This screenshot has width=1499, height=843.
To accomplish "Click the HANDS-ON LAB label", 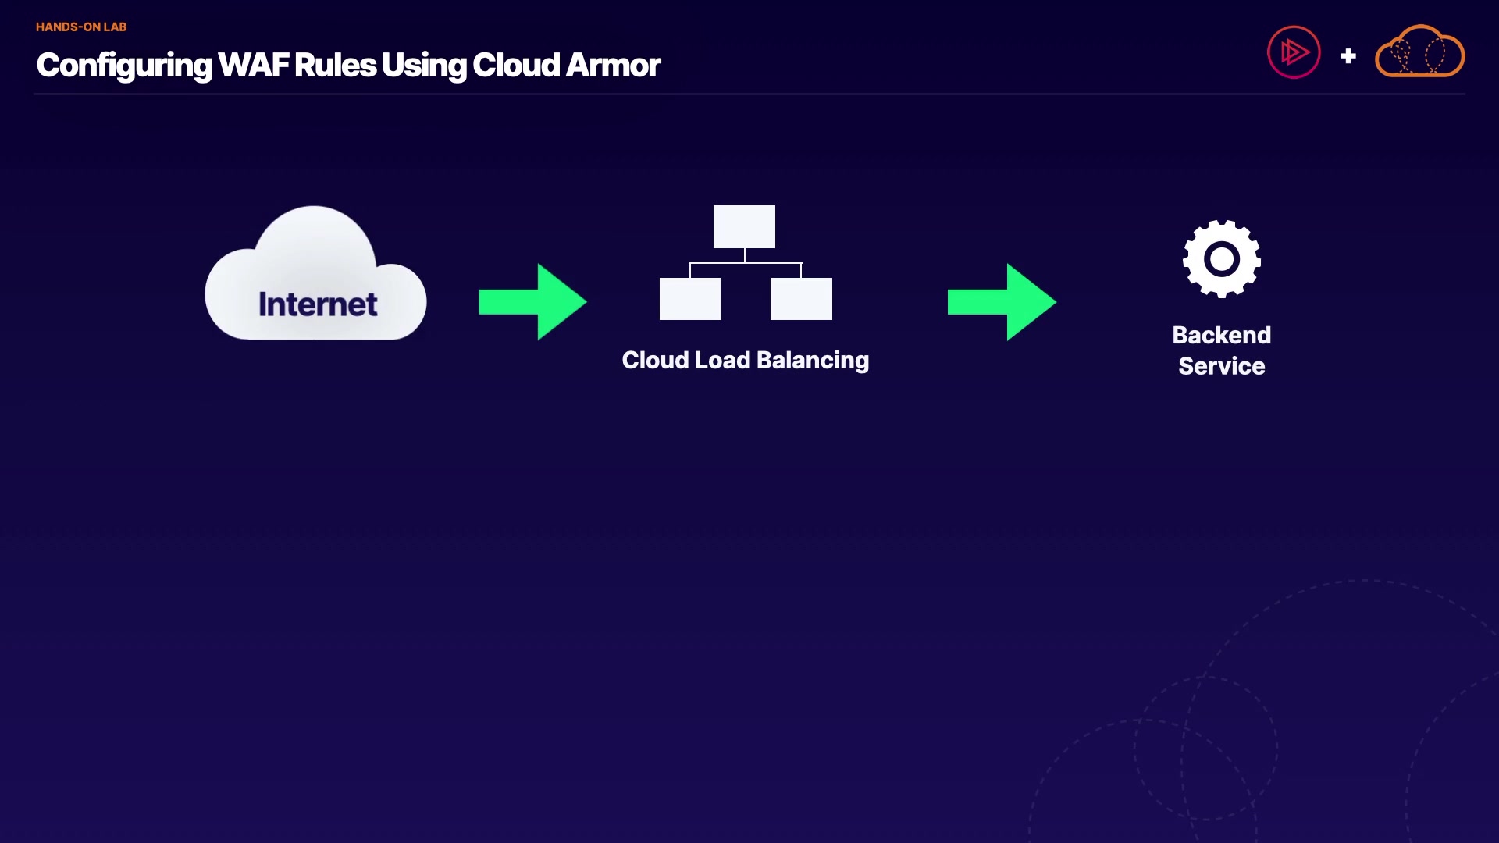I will (x=81, y=27).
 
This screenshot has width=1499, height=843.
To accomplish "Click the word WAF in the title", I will (x=253, y=66).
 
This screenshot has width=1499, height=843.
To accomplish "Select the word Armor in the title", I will (x=613, y=66).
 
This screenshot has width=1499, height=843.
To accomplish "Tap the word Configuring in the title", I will (x=124, y=66).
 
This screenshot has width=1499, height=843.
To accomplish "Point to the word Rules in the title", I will (x=335, y=66).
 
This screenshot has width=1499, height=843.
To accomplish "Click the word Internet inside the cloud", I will (x=318, y=304).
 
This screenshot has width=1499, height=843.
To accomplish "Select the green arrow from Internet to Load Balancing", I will (x=532, y=301).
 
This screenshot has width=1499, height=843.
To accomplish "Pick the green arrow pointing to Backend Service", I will (x=1002, y=301).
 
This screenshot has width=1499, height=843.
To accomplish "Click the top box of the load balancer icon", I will (x=744, y=226).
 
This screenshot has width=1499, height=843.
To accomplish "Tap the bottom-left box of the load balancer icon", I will (x=689, y=299).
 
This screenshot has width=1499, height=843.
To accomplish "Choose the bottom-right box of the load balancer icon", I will (x=801, y=299).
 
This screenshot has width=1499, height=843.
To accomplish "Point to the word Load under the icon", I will (x=722, y=360).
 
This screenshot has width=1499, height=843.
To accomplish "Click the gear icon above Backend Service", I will (x=1222, y=259).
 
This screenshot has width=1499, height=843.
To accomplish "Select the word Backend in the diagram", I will (x=1221, y=335).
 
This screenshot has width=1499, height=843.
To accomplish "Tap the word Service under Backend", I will (x=1221, y=366).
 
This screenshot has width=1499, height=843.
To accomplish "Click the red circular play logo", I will (x=1294, y=52).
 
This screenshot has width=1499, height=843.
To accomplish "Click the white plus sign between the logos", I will (x=1348, y=56).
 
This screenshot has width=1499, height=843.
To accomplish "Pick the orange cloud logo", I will (x=1419, y=52).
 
